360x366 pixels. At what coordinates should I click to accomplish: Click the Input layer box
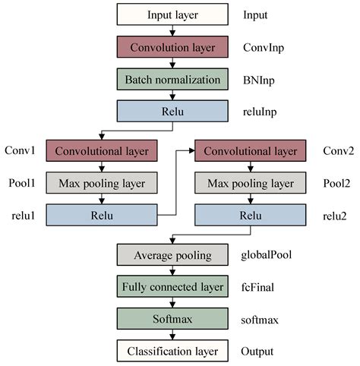point(172,14)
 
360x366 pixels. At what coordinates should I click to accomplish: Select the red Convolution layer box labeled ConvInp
point(172,46)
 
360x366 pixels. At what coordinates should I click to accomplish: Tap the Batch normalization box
point(172,78)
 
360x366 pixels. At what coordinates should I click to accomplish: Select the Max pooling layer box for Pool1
point(102,183)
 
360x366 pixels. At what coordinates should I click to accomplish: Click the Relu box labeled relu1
point(102,215)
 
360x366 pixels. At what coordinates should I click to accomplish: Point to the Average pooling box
point(172,255)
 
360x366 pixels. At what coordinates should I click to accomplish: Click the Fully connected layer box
point(172,287)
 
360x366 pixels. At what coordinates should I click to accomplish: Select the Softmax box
point(172,319)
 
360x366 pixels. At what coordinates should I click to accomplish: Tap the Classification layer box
point(172,351)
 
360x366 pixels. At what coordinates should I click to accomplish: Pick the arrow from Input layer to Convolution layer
point(174,30)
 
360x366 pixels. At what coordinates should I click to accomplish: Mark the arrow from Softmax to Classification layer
point(174,335)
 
